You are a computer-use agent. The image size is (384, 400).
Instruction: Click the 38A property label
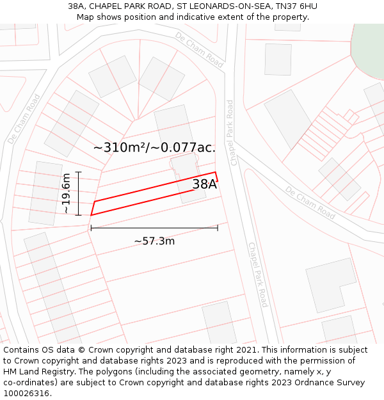click(x=205, y=185)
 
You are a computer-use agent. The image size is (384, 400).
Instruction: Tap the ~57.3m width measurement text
click(x=154, y=241)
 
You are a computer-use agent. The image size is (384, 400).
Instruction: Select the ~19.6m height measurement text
click(x=67, y=193)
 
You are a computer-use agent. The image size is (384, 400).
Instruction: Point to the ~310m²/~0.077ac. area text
click(x=154, y=147)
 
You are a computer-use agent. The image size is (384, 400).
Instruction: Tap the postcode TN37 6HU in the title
click(x=296, y=6)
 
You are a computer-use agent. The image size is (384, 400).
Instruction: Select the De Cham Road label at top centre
click(x=199, y=49)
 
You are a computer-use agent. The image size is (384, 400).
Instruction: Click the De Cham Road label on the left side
click(x=24, y=118)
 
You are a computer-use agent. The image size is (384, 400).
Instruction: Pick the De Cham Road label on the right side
click(x=310, y=202)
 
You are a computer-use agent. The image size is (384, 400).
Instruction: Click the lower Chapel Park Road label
click(x=258, y=275)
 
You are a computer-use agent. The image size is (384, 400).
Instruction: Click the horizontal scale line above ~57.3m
click(x=154, y=228)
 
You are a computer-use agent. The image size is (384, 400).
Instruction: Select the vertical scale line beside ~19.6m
click(x=78, y=193)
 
